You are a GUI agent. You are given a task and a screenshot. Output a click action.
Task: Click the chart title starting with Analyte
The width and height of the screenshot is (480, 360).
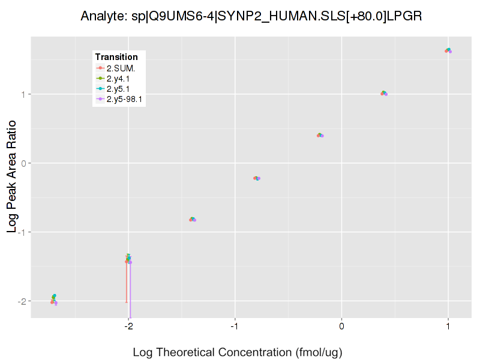pos(251,16)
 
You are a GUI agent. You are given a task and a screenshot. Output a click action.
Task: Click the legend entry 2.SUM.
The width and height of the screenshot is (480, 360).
pos(120,68)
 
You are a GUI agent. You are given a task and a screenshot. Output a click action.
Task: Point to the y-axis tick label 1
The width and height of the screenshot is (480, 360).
pos(25,94)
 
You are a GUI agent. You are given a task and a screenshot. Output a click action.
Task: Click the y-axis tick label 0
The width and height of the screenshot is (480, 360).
pos(25,163)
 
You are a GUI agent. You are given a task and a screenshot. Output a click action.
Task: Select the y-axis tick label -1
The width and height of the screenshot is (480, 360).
pos(23,232)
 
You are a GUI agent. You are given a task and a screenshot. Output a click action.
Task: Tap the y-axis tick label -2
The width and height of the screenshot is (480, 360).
pos(23,301)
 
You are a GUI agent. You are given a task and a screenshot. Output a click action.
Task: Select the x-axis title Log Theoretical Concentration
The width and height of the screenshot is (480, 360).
pos(237,352)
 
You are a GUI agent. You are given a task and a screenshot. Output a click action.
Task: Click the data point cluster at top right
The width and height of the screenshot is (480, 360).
pos(448,50)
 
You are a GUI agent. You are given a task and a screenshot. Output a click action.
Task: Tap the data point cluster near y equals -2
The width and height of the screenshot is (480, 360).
pos(54,299)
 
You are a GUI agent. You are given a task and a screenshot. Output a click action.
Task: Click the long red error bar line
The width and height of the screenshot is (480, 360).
pos(127,282)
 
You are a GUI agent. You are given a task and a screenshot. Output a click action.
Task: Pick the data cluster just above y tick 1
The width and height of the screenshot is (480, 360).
pos(384,93)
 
